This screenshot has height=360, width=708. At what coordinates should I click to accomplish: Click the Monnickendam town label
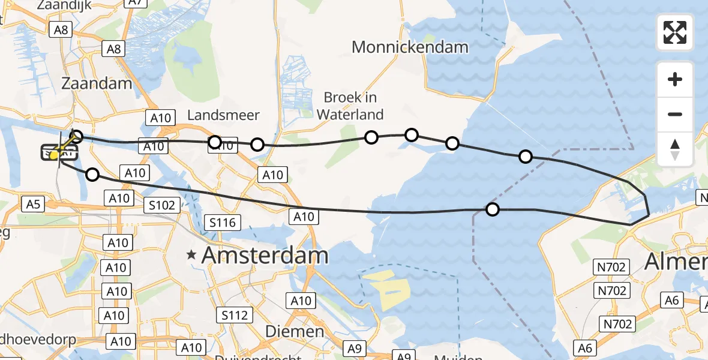click(410, 47)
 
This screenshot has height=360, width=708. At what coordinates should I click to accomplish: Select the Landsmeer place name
click(223, 115)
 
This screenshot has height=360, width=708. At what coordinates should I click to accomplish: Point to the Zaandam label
click(96, 83)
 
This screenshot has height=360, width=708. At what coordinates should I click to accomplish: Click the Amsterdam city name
click(265, 256)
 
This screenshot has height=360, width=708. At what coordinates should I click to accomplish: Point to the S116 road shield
click(222, 223)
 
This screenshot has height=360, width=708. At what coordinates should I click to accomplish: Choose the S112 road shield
click(235, 315)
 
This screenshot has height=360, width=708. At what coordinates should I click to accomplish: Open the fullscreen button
click(675, 32)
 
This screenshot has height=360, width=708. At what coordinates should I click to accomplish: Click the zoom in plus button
click(675, 79)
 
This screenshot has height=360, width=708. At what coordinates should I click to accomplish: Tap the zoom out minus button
click(675, 114)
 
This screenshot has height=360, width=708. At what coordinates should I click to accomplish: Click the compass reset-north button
click(675, 149)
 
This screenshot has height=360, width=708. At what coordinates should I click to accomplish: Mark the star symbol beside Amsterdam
click(191, 256)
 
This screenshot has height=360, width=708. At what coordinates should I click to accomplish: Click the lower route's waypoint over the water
click(493, 209)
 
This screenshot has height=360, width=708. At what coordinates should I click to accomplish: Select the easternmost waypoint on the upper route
click(525, 157)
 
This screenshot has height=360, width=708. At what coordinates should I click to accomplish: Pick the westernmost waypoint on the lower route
click(92, 175)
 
